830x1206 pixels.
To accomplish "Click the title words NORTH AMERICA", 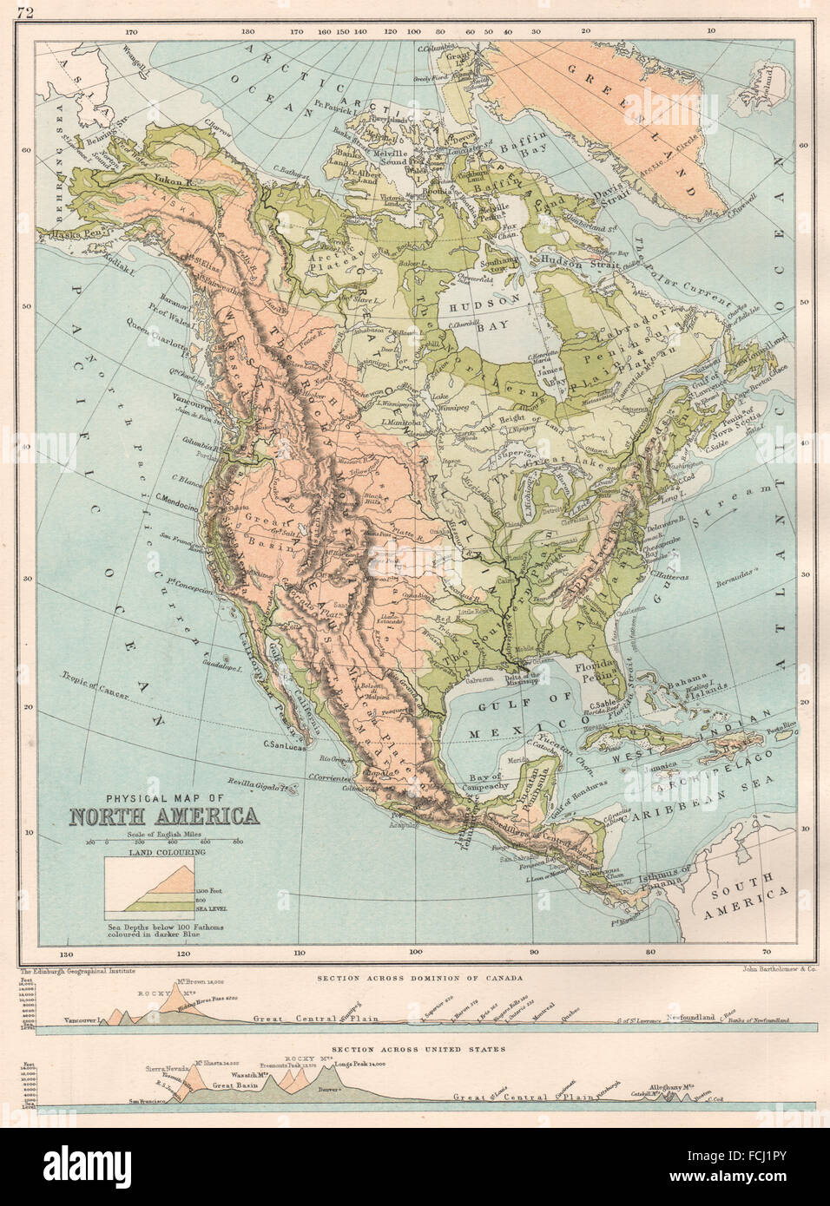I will [163, 817].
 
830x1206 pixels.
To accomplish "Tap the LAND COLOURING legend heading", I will [163, 852].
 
